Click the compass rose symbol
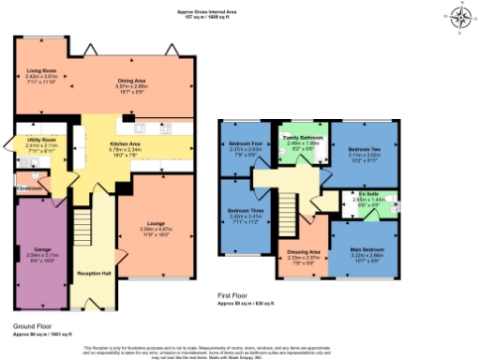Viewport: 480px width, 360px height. pos(459,18)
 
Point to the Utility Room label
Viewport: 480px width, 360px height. pos(42,141)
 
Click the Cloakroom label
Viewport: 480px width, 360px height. pos(31,188)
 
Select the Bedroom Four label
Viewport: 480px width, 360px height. pos(244,143)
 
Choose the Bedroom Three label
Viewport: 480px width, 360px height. pos(244,211)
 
